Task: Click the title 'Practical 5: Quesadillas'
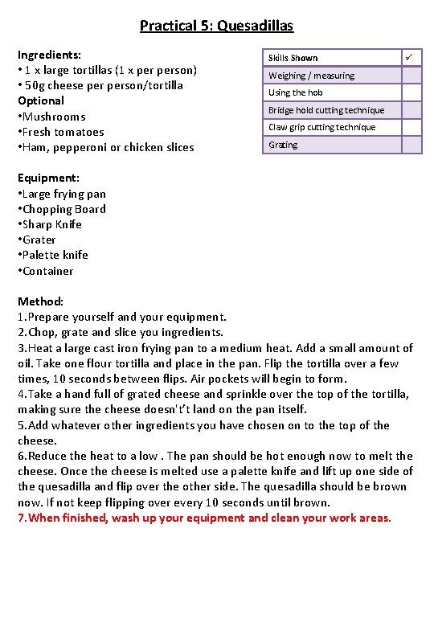click(x=216, y=26)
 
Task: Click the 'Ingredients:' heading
click(x=49, y=55)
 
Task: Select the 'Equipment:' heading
click(x=48, y=178)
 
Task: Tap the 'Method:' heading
click(x=40, y=301)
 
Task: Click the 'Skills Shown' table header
click(x=293, y=58)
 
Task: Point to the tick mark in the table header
click(x=410, y=57)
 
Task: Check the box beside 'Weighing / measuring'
click(x=411, y=76)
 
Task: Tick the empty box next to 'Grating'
click(x=411, y=145)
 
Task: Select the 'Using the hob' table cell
click(x=296, y=92)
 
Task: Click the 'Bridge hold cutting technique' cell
click(x=326, y=110)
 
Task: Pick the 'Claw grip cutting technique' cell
click(x=321, y=127)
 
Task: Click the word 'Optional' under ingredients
click(x=41, y=100)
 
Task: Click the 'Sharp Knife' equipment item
click(x=51, y=224)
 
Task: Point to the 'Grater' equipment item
click(x=39, y=240)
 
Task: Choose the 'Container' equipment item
click(x=47, y=271)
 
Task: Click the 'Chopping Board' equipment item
click(x=63, y=209)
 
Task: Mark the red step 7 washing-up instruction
click(x=205, y=518)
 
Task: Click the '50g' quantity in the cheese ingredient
click(x=36, y=85)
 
